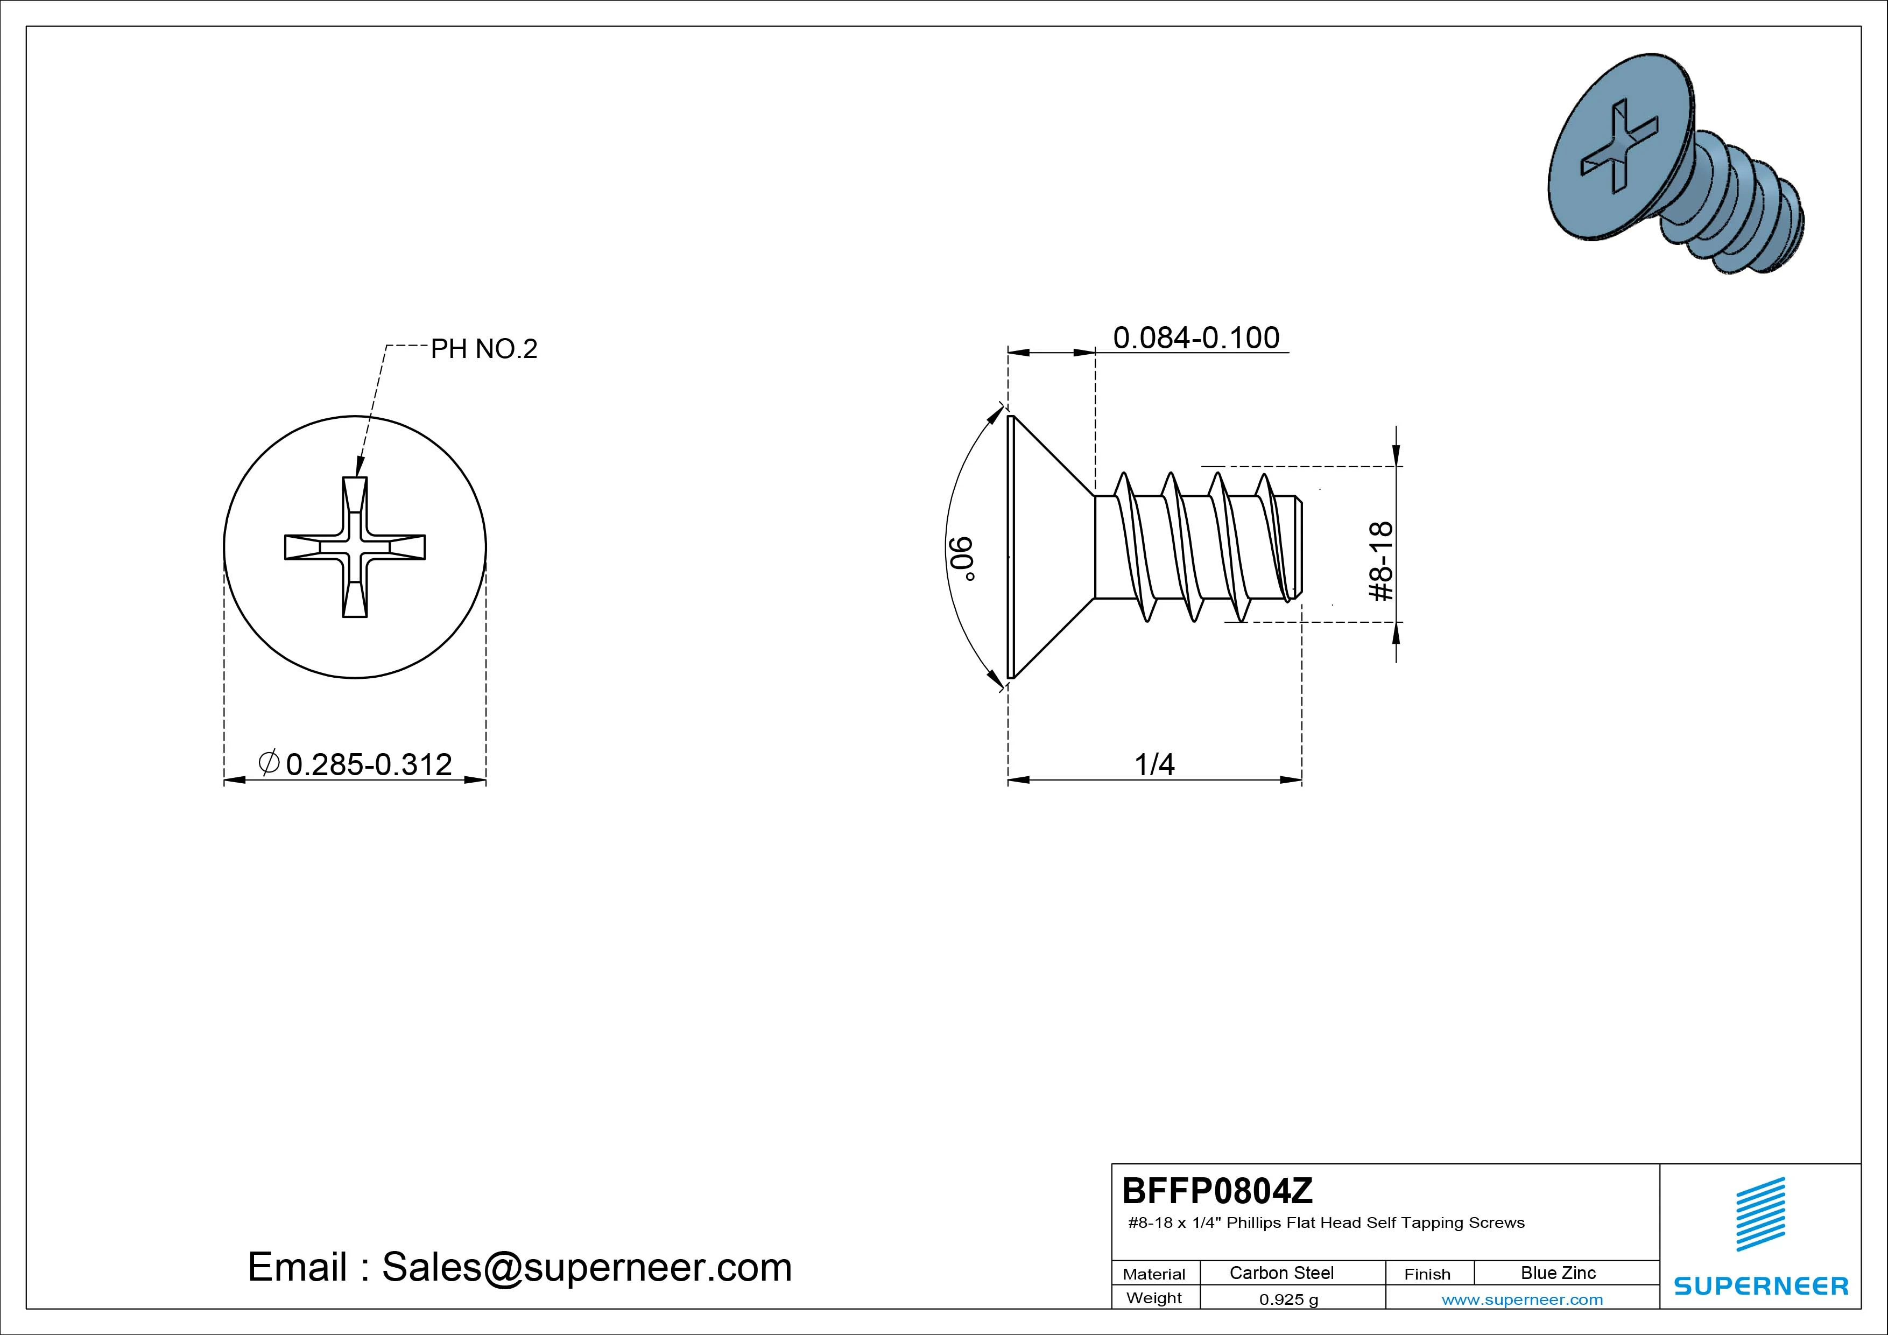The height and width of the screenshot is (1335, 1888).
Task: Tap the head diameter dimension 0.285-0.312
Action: [368, 764]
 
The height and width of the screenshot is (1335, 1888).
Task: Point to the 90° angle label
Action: [963, 559]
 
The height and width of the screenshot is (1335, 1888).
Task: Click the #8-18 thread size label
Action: [1382, 561]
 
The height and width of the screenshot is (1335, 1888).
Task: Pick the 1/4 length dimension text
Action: [1154, 764]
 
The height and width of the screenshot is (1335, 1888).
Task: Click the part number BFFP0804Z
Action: [1217, 1190]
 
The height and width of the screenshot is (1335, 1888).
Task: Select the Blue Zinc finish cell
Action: [1558, 1273]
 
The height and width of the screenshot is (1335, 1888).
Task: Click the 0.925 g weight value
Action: [1288, 1299]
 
